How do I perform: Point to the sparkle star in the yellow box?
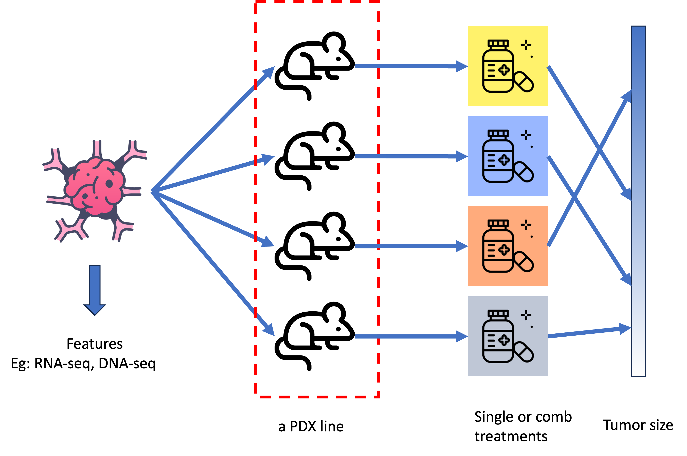coord(526,45)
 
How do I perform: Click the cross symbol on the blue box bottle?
coord(504,160)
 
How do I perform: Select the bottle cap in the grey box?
coord(498,314)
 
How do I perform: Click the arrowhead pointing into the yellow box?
coord(462,66)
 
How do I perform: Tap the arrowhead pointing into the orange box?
coord(462,246)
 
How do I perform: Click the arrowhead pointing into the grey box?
coord(462,336)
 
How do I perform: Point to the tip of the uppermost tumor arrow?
coord(274,67)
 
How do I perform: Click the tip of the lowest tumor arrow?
coord(274,336)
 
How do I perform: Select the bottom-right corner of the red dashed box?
coord(378,397)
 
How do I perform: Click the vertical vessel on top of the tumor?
coord(97,149)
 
